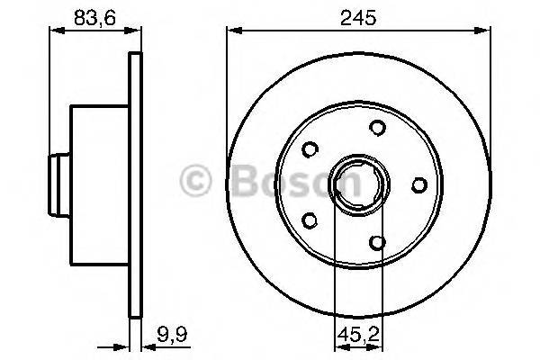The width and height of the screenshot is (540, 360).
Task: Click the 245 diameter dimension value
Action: tap(357, 15)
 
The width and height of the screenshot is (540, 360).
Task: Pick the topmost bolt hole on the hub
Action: tap(377, 127)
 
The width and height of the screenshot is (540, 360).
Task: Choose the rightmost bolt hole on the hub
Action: tap(418, 184)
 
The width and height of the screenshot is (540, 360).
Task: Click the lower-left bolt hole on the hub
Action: tap(310, 219)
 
